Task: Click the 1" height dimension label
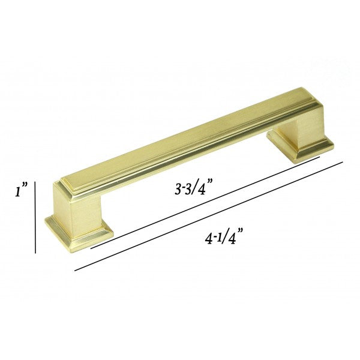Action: tap(22, 189)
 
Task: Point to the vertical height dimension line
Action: tap(35, 217)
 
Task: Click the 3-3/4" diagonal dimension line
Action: tap(205, 203)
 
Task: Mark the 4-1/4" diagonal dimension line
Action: tap(209, 216)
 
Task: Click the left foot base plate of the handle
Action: tap(79, 232)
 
